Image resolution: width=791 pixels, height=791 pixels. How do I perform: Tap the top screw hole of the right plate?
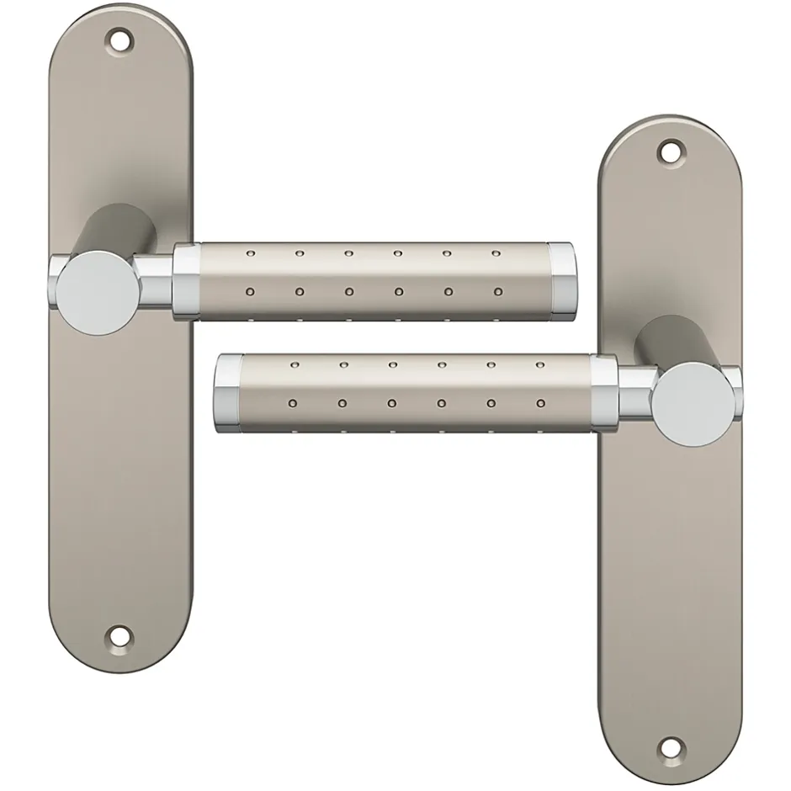[670, 151]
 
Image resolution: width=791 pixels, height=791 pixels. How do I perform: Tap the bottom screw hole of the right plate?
[670, 746]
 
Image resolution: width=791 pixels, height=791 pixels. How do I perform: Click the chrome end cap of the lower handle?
[229, 395]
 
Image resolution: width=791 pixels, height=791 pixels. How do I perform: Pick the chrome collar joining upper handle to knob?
[186, 281]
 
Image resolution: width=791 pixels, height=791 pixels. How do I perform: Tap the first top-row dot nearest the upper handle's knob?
[250, 252]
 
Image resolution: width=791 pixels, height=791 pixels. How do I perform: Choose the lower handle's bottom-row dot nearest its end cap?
[293, 403]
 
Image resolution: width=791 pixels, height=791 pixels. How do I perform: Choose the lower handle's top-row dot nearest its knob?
[539, 366]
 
